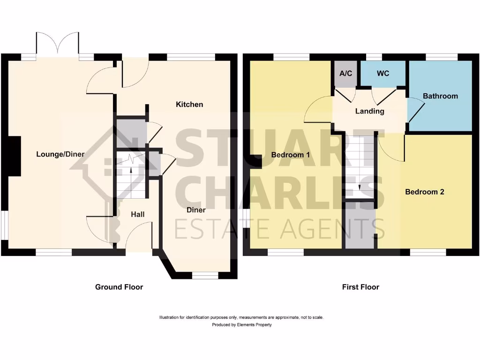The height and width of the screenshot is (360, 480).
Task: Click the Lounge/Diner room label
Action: pos(57,154)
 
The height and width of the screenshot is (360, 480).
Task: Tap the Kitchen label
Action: pos(189,104)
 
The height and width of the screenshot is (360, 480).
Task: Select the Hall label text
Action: pos(137,214)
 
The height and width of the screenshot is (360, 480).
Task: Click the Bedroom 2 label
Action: pos(425,192)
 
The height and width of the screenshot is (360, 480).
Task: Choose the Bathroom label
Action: pos(440,96)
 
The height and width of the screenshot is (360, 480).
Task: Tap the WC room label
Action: pos(383,74)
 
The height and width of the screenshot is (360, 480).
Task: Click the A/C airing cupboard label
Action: pos(346,74)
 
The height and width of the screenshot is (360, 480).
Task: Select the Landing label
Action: pos(369,111)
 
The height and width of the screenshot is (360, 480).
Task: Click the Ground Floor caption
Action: pos(119,287)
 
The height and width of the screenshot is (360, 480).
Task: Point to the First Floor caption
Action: pos(360,287)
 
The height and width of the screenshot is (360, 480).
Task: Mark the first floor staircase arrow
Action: pos(360,186)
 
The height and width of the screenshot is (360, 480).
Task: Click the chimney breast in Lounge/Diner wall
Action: pos(14,157)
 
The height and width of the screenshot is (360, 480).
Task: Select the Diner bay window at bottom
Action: pos(205,275)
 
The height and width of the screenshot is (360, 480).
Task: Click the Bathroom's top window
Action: pos(442,57)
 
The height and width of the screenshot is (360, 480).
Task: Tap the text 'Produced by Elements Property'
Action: pos(241,324)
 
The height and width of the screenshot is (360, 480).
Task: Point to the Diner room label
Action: pos(196,210)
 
